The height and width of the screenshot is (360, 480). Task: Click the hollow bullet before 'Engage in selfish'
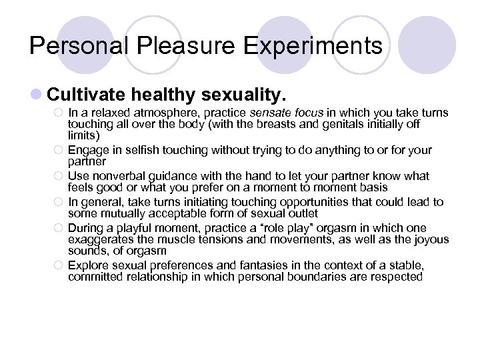click(58, 151)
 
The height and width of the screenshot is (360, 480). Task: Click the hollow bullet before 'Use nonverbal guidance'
click(58, 177)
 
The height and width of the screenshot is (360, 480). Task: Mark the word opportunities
click(331, 202)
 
